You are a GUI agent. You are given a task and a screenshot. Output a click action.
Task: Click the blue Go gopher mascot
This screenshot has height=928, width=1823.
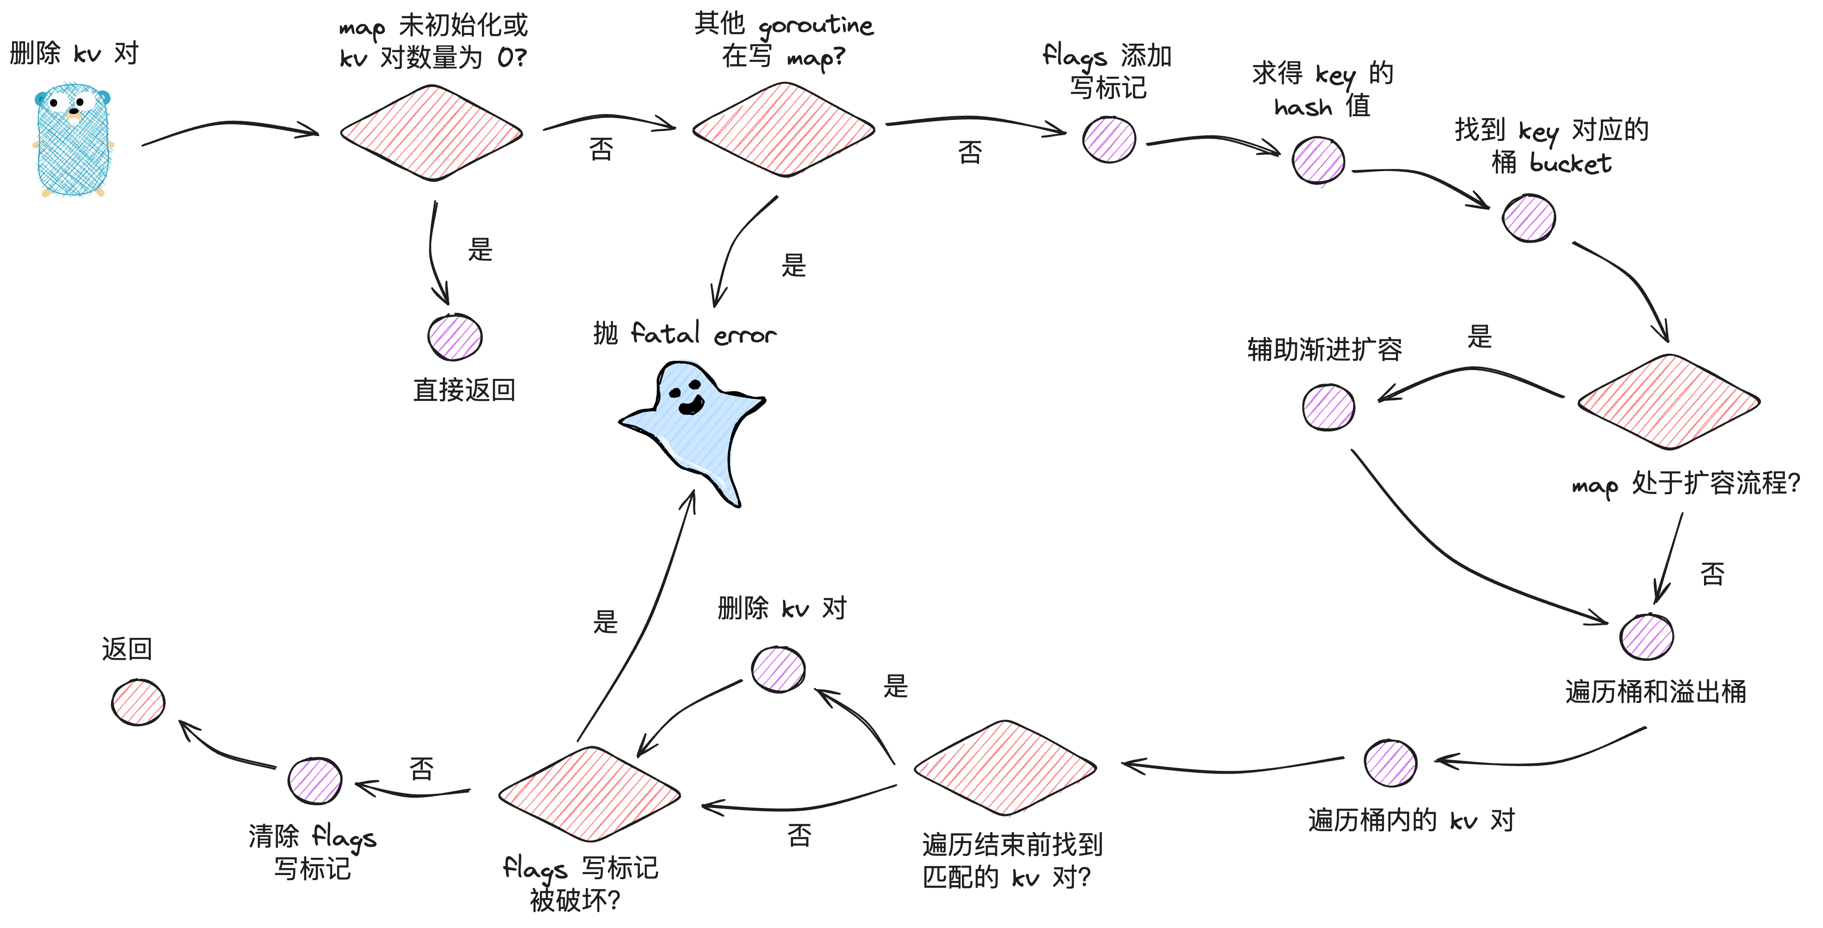pyautogui.click(x=73, y=140)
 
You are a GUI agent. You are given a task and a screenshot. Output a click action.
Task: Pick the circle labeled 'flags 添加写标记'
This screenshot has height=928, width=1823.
pyautogui.click(x=1109, y=139)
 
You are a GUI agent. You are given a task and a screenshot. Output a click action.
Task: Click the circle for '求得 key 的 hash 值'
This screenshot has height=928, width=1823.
pyautogui.click(x=1318, y=161)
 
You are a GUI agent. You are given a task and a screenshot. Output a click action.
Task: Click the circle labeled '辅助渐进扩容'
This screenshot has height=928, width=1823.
pyautogui.click(x=1328, y=407)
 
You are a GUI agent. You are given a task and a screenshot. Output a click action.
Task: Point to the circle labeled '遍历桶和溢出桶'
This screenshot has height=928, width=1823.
pyautogui.click(x=1647, y=637)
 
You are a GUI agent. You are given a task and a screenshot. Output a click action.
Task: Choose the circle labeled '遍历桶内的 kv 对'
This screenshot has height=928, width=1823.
pyautogui.click(x=1391, y=763)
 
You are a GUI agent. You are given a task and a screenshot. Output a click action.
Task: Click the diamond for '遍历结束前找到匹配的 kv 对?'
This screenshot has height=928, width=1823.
pyautogui.click(x=1005, y=768)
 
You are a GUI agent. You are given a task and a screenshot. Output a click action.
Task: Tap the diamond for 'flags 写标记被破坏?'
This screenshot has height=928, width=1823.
pyautogui.click(x=590, y=794)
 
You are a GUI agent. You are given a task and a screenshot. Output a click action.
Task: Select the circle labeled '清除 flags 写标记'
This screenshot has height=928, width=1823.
pyautogui.click(x=315, y=781)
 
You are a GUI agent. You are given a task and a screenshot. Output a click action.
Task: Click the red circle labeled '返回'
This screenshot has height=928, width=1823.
pyautogui.click(x=138, y=702)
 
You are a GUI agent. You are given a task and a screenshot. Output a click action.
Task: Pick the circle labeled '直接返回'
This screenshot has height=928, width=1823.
pyautogui.click(x=455, y=337)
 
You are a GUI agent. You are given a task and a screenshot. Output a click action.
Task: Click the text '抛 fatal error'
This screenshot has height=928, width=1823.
pyautogui.click(x=684, y=333)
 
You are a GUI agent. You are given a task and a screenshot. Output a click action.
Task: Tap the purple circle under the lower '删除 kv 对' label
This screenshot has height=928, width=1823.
pyautogui.click(x=778, y=669)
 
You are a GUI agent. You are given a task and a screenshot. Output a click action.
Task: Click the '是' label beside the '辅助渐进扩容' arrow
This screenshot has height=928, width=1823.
pyautogui.click(x=1480, y=336)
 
